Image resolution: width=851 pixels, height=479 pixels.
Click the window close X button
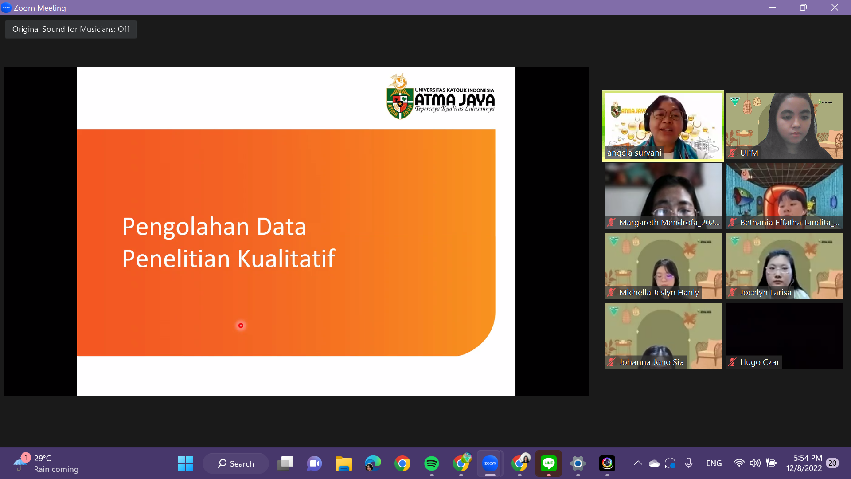(x=835, y=8)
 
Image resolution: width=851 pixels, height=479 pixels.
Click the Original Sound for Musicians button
(x=71, y=29)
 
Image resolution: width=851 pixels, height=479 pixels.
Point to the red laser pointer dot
(x=241, y=326)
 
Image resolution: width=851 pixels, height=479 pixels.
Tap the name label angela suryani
(x=634, y=153)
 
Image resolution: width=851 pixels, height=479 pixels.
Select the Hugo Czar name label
(x=759, y=362)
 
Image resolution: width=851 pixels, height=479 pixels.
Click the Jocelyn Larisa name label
(x=765, y=293)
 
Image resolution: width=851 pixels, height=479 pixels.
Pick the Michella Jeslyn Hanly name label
(x=659, y=293)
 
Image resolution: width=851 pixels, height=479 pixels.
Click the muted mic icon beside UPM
(x=732, y=153)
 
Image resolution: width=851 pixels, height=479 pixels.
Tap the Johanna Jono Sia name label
(x=651, y=362)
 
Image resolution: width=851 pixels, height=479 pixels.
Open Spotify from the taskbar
(x=431, y=463)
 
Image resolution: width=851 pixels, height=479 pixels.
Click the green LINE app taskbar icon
(x=549, y=463)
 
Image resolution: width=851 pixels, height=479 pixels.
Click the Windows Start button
(x=185, y=463)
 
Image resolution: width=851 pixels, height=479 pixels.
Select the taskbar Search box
(x=235, y=463)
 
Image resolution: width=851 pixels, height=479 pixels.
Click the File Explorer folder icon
(x=344, y=463)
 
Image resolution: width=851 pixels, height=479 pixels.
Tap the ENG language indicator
(x=714, y=463)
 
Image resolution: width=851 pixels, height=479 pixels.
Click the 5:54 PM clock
(x=808, y=458)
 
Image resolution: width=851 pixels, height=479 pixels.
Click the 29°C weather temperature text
(x=43, y=459)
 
